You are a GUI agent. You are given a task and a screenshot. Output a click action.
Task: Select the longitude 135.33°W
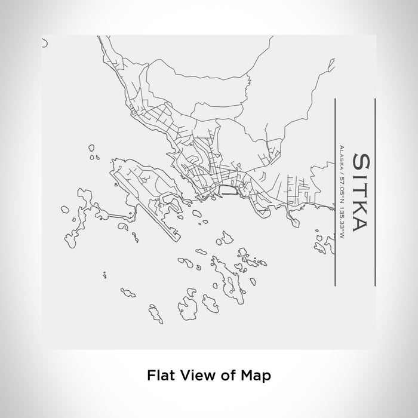pos(341,220)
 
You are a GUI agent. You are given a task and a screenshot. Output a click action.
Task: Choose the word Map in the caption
pos(256,376)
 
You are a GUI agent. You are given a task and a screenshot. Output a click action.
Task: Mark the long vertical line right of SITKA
pos(374,192)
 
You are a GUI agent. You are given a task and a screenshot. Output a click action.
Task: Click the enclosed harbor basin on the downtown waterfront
pos(229,190)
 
